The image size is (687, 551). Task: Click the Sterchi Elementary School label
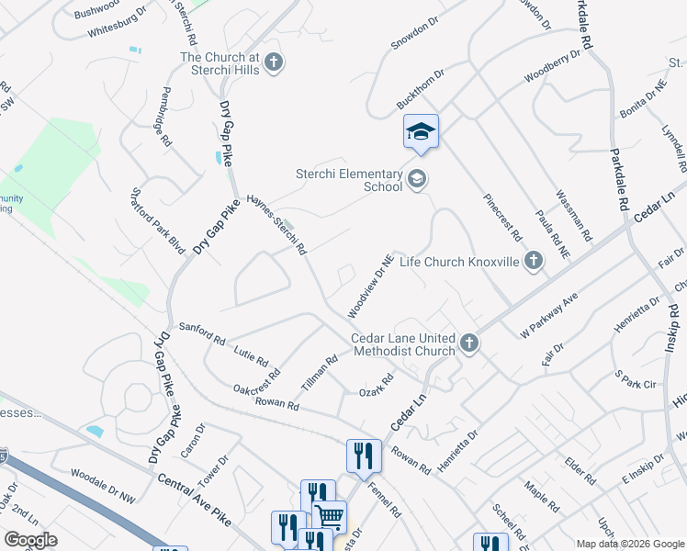pos(349,180)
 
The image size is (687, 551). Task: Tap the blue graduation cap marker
pos(421,132)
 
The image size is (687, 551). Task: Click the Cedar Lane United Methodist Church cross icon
pos(469,343)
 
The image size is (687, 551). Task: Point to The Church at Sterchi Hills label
pos(220,63)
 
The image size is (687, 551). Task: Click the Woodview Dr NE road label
pos(371,287)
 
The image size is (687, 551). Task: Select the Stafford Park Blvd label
pos(158,219)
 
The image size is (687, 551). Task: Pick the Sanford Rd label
pos(201,332)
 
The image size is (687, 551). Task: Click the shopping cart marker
pos(330,517)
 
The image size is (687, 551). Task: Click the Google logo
pos(30,540)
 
